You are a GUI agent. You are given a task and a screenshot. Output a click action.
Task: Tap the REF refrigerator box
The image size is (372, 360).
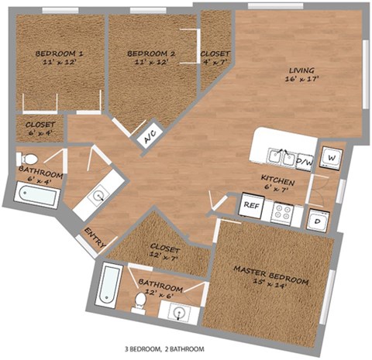pos(250,206)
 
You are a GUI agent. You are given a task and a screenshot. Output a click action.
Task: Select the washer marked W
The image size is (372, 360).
pos(331,157)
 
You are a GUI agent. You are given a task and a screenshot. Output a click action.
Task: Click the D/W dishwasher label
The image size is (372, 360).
pos(305,163)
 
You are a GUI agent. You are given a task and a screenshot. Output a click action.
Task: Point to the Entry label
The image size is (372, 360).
pos(94,235)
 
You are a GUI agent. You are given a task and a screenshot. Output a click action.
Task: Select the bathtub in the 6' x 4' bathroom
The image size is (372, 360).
pos(36,194)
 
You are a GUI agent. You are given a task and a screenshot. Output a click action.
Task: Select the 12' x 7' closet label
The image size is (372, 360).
pos(164,253)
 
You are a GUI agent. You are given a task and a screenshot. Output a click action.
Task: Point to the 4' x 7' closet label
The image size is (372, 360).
pos(214,59)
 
